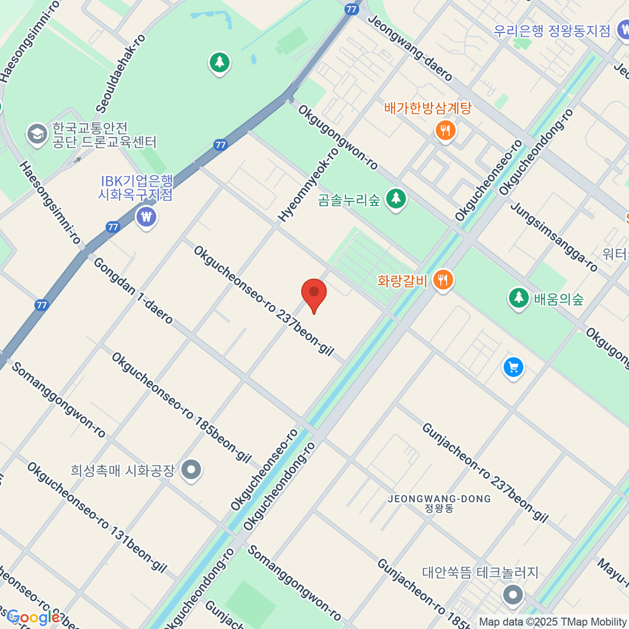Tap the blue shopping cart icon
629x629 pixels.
coord(513,367)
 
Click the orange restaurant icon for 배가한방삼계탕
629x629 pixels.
coord(446,130)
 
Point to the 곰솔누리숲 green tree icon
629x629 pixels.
coord(396,199)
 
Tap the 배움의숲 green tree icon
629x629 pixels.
coord(518,298)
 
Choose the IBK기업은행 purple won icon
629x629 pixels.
coord(146,216)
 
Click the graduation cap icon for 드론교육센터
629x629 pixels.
coord(37,134)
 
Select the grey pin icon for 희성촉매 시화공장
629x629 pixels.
coord(191,469)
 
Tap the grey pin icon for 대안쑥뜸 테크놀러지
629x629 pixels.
coord(513,594)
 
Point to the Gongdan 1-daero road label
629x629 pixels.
coord(133,290)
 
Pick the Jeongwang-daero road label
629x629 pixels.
coord(410,48)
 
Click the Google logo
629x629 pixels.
coord(33,617)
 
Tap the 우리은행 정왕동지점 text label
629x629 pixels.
coord(552,30)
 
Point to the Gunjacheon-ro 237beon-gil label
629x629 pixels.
coord(485,473)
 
